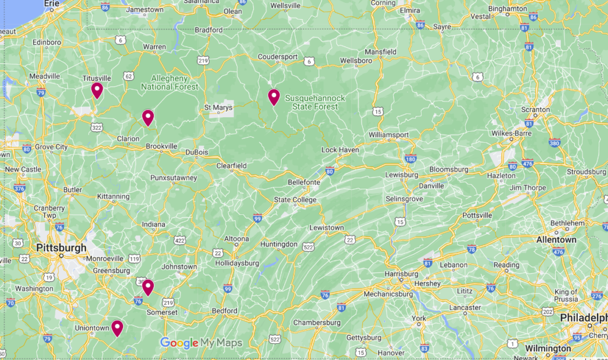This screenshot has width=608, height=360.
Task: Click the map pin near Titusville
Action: [97, 90]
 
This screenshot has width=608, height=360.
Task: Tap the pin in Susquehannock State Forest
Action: [274, 97]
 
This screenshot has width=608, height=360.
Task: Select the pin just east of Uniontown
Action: [117, 328]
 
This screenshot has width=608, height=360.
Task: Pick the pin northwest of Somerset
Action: [148, 287]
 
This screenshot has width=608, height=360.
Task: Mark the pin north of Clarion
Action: [148, 117]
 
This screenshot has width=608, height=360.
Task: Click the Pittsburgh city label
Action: [61, 248]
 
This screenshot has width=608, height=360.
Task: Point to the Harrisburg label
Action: [401, 273]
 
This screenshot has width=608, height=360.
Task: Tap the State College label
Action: [296, 200]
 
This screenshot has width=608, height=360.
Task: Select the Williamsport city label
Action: [388, 135]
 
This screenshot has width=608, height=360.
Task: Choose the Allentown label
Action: [556, 240]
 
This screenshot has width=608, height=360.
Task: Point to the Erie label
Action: [52, 3]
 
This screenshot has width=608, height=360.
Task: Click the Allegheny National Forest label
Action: [169, 82]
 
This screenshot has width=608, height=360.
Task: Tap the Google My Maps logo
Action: [201, 343]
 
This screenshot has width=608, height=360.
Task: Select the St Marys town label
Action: [218, 107]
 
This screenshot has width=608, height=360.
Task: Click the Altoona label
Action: [237, 239]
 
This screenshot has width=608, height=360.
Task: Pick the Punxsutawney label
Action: [174, 178]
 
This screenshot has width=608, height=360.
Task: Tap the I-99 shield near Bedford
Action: [228, 289]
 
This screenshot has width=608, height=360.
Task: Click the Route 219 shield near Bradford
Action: [203, 60]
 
